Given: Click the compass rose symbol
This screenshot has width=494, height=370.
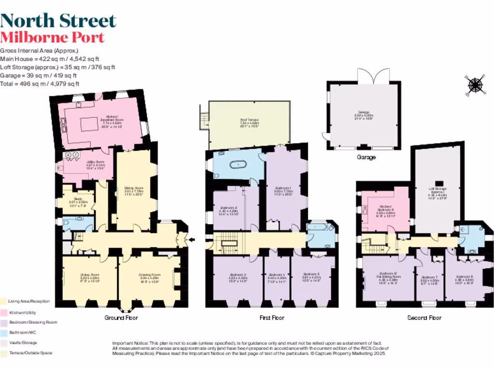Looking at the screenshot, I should tap(475, 85).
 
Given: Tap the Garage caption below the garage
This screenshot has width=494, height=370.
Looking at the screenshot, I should tap(366, 158).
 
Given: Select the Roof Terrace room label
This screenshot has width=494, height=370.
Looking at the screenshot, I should tap(249, 123).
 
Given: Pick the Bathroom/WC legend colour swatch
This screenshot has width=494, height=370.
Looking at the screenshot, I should tap(4, 332).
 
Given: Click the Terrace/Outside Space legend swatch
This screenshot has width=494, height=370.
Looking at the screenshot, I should tap(4, 353).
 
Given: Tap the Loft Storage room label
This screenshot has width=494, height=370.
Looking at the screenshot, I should tap(437, 191).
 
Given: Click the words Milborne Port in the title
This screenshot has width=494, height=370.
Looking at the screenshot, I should tap(52, 37).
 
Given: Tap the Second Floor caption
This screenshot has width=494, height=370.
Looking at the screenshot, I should tap(424, 318).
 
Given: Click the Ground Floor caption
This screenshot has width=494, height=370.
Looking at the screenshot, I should tap(121, 318).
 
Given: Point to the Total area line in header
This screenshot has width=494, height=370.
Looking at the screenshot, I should tap(40, 84).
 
